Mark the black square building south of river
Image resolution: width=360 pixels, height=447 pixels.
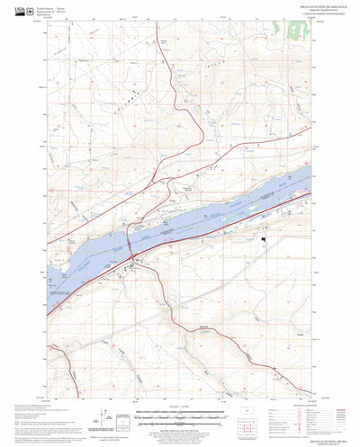coord(265,239)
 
